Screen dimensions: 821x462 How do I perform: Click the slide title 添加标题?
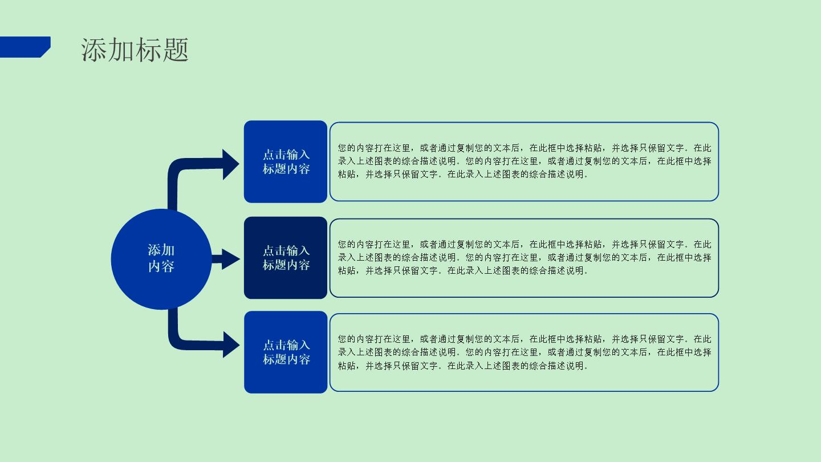tap(135, 50)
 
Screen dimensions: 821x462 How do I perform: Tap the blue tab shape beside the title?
tap(25, 47)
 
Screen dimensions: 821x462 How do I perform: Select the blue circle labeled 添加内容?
tap(161, 259)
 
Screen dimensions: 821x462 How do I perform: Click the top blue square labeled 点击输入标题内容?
tap(286, 162)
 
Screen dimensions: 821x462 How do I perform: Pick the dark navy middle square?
tap(286, 258)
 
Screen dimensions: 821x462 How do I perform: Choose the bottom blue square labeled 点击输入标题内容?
tap(286, 352)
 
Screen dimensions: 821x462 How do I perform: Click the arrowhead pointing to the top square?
tap(231, 164)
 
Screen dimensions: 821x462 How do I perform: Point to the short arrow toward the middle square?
tap(226, 259)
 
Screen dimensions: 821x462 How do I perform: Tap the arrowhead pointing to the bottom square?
tap(231, 345)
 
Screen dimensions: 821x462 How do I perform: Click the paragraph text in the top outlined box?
tap(524, 161)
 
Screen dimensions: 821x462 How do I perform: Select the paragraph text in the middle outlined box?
tap(524, 257)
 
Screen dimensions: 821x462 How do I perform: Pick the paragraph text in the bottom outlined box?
tap(524, 352)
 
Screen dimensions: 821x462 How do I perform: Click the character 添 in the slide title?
tap(94, 50)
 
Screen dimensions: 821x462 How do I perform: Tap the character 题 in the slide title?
tap(176, 50)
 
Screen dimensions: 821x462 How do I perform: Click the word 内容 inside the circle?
tap(161, 266)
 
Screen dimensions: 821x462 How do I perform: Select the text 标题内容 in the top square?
tap(286, 169)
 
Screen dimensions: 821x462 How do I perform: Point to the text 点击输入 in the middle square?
tap(286, 251)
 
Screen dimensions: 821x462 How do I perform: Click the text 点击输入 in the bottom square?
tap(286, 345)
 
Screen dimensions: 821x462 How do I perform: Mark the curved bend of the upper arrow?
tap(175, 167)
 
